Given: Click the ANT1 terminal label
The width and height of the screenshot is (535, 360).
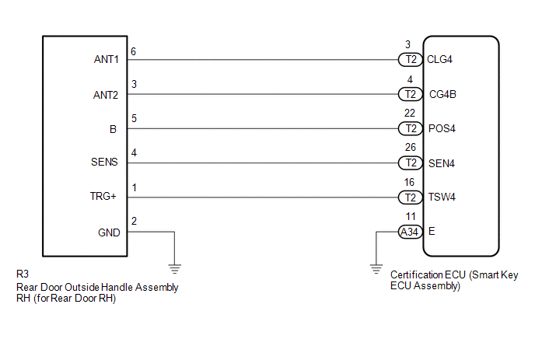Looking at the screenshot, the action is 106,59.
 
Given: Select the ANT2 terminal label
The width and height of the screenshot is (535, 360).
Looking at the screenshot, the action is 106,95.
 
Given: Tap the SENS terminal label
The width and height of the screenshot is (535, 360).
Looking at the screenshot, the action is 104,162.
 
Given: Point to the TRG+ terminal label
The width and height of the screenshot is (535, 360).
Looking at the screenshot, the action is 103,196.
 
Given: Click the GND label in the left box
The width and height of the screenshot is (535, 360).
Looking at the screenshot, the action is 109,232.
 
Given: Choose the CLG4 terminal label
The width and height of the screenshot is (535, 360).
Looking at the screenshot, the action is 439,59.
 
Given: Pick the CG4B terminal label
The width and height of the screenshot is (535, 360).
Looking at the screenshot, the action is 442,94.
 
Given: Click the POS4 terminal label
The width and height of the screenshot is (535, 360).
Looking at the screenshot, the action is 442,128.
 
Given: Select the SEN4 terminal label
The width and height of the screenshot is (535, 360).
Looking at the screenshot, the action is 442,163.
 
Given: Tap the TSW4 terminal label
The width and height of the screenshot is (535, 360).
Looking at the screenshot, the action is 442,197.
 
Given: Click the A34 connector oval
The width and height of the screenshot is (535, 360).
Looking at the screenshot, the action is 410,232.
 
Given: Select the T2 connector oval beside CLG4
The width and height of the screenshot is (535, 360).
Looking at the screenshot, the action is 411,60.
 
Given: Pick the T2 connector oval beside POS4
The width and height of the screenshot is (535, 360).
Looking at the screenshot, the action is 411,128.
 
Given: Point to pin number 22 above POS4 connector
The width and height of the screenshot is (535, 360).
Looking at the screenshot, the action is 410,113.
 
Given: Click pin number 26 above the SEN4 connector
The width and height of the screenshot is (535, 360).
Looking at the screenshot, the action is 411,147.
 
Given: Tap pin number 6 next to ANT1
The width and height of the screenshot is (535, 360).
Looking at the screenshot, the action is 134,51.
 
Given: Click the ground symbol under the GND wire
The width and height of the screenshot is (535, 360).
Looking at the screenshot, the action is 175,269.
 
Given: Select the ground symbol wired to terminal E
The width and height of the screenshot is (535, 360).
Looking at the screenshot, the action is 376,269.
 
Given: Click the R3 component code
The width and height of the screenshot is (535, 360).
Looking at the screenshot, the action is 23,274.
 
